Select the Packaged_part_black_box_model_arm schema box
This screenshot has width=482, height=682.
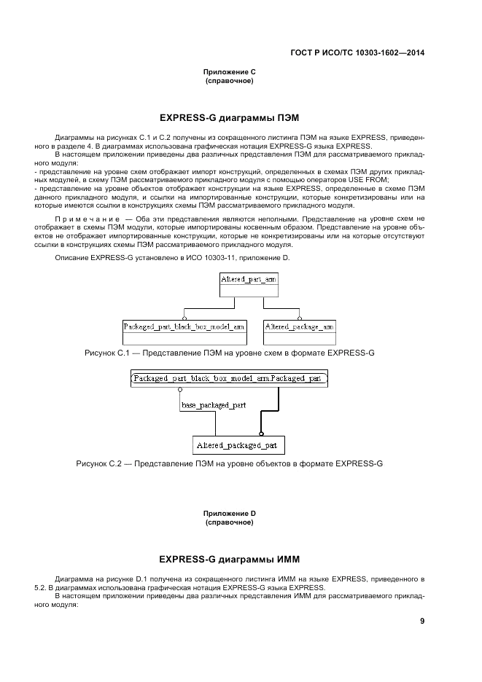184,327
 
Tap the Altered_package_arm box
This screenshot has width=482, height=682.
299,327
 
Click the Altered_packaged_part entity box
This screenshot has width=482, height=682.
238,444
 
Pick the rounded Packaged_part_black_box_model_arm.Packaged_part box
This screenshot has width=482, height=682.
228,379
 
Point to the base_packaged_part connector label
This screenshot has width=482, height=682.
213,404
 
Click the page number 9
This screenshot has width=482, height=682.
421,621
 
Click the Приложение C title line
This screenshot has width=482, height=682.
229,71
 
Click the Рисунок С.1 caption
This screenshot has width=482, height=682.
229,353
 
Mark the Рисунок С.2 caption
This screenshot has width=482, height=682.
229,463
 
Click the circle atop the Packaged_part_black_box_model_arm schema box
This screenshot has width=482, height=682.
184,318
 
